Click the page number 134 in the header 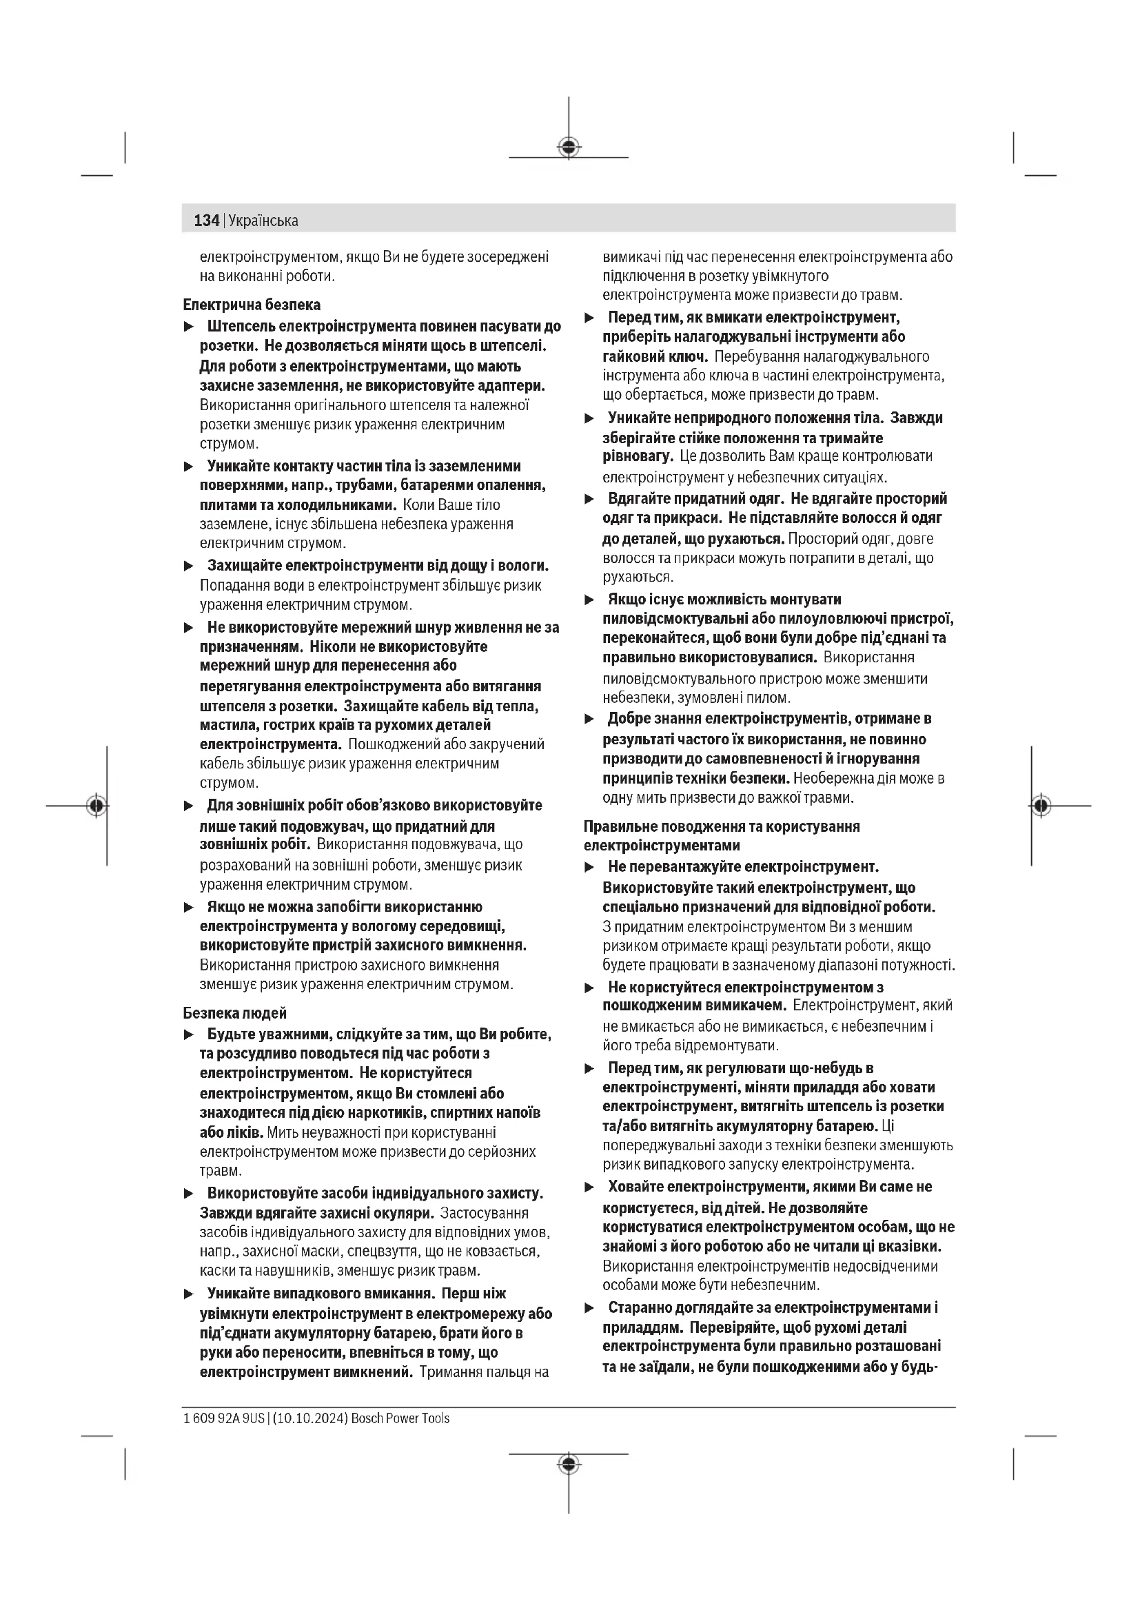(206, 221)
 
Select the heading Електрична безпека (252, 305)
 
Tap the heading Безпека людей (235, 1013)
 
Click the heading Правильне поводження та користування (722, 826)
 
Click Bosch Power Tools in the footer (400, 1418)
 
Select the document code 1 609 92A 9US (224, 1418)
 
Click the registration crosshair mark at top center (569, 147)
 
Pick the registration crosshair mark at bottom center (569, 1463)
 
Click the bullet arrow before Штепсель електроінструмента (188, 327)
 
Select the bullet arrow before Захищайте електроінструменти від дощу (188, 566)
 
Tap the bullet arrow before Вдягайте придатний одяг (590, 499)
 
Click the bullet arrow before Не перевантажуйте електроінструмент (590, 867)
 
